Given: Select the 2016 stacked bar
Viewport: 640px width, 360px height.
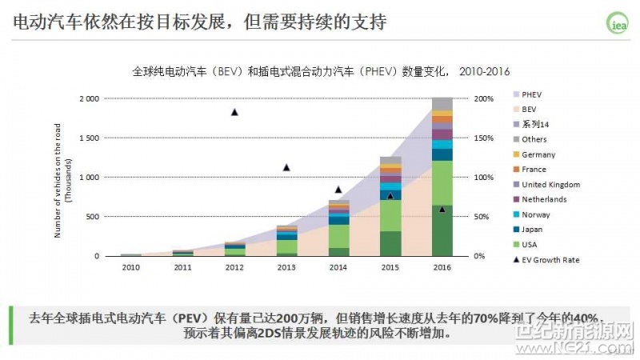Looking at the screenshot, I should tap(442, 177).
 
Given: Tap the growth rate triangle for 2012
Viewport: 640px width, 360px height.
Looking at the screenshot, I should tap(234, 112).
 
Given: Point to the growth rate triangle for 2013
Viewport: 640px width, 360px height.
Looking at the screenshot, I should tap(286, 167).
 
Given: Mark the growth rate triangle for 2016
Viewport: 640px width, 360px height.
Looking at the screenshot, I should tap(442, 209).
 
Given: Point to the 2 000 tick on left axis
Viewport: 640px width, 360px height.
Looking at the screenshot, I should tap(89, 98).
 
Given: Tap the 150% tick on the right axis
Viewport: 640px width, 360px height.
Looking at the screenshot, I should tap(484, 138).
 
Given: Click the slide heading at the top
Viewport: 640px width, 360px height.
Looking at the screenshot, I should tap(200, 22).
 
